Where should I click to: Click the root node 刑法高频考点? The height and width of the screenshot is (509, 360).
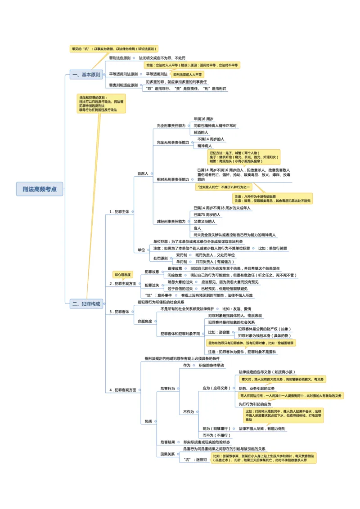[x=40, y=189]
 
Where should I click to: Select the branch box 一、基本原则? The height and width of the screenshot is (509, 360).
[x=86, y=75]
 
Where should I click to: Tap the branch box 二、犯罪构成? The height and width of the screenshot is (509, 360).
[x=86, y=304]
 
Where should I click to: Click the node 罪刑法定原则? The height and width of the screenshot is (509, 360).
[x=120, y=58]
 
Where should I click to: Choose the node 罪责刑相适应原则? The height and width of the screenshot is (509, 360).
[x=123, y=85]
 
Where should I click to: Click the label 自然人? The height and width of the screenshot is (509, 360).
[x=143, y=173]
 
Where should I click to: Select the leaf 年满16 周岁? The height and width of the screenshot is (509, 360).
[x=203, y=118]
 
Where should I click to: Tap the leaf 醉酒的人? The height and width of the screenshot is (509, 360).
[x=201, y=133]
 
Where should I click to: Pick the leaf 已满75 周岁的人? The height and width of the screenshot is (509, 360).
[x=207, y=214]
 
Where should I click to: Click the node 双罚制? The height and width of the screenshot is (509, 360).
[x=181, y=255]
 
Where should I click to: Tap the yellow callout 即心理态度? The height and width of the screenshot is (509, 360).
[x=123, y=274]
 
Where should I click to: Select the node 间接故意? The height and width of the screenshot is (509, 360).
[x=175, y=275]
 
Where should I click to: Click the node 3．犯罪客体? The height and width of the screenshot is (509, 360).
[x=119, y=312]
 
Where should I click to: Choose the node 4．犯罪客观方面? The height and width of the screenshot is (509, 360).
[x=122, y=390]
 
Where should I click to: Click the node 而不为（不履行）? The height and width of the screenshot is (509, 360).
[x=216, y=435]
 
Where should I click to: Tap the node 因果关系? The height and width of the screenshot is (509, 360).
[x=167, y=454]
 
